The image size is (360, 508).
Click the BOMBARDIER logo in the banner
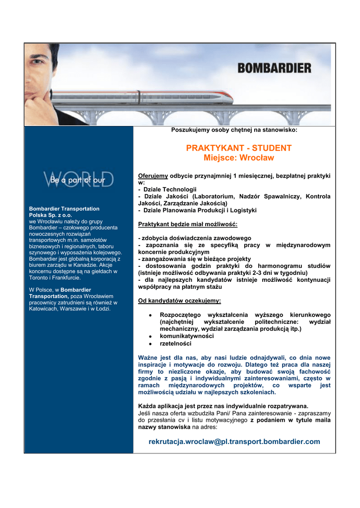(274, 67)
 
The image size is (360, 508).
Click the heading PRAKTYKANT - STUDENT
(239, 148)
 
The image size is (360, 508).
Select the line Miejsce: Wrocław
(239, 158)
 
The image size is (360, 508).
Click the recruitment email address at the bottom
(234, 442)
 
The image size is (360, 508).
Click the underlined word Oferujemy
(153, 176)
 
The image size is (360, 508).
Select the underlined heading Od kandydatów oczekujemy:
(179, 301)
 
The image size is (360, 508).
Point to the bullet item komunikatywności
(187, 336)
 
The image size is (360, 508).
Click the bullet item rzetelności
(175, 343)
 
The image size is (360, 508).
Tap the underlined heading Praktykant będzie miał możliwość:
(188, 224)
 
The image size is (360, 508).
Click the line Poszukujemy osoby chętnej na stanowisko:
(234, 130)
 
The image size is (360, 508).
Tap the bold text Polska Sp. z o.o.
(51, 215)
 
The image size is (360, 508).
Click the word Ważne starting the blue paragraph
(147, 357)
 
